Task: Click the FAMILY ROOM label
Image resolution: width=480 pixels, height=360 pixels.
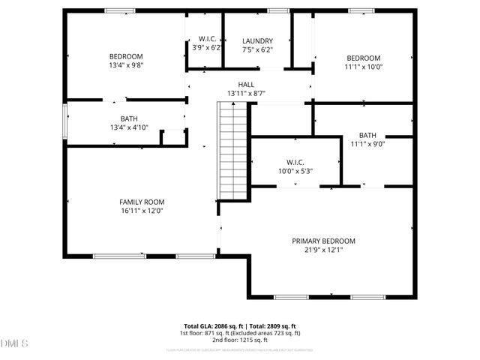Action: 142,202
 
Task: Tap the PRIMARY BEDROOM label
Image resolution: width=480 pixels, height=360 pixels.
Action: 323,241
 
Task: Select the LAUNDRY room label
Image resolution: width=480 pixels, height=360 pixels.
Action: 257,41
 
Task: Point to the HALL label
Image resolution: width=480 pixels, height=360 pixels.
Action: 246,85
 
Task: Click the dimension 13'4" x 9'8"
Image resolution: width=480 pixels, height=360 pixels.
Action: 126,65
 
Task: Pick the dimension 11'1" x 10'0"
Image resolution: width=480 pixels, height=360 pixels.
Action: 363,67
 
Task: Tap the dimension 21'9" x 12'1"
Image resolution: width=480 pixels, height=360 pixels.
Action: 323,250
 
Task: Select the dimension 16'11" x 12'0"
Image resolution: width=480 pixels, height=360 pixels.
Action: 142,211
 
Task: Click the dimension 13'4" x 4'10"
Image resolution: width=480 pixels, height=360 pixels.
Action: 129,127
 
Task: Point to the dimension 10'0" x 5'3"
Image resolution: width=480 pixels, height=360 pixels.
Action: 294,171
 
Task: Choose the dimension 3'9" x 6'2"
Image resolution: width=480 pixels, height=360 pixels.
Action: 207,48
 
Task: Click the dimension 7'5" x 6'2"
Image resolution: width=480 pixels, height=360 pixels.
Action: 257,50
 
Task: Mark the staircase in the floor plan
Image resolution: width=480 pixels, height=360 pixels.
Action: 232,150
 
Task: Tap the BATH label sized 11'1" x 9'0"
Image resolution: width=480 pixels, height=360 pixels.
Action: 367,136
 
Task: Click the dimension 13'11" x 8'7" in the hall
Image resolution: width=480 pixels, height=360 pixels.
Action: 246,94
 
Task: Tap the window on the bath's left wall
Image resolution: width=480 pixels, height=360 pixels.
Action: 64,121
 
